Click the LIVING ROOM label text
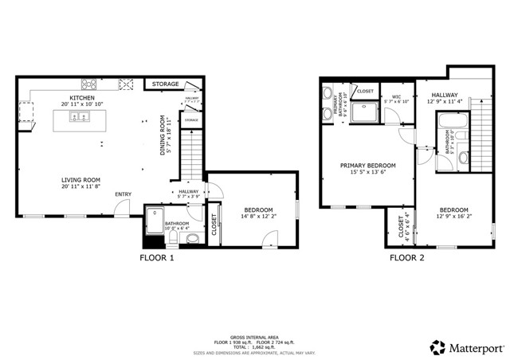pos(80,179)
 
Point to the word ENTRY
pos(124,194)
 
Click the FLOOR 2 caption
pos(406,257)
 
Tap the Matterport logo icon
pos(437,347)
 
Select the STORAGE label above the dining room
pos(165,84)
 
